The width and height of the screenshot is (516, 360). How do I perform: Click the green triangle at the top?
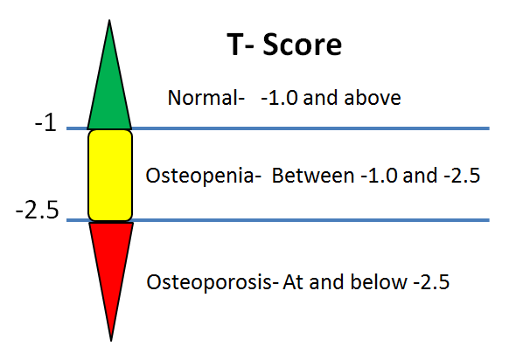pyautogui.click(x=109, y=96)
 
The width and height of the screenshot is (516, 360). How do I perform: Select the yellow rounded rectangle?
pyautogui.click(x=110, y=175)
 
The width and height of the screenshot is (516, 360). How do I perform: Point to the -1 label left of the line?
pyautogui.click(x=45, y=124)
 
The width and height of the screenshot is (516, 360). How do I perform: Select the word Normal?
pyautogui.click(x=202, y=98)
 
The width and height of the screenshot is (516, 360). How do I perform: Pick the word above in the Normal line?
pyautogui.click(x=377, y=98)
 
